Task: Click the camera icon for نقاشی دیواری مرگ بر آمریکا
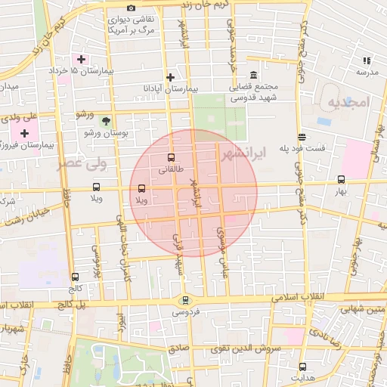[x=131, y=8]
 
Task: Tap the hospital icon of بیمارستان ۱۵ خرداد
[x=81, y=59]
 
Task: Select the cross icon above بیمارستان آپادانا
[x=171, y=77]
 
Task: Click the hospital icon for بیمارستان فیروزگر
[x=25, y=133]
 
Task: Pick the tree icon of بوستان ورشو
[x=106, y=121]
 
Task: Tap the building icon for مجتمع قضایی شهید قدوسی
[x=252, y=76]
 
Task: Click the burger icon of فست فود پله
[x=302, y=137]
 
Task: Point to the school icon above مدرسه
[x=367, y=60]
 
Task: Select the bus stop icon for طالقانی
[x=171, y=159]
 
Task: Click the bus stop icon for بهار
[x=341, y=180]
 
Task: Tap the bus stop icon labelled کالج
[x=74, y=277]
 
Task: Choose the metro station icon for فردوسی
[x=186, y=300]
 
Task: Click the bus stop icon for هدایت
[x=302, y=367]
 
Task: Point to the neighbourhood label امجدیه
[x=347, y=101]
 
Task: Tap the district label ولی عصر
[x=83, y=162]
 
